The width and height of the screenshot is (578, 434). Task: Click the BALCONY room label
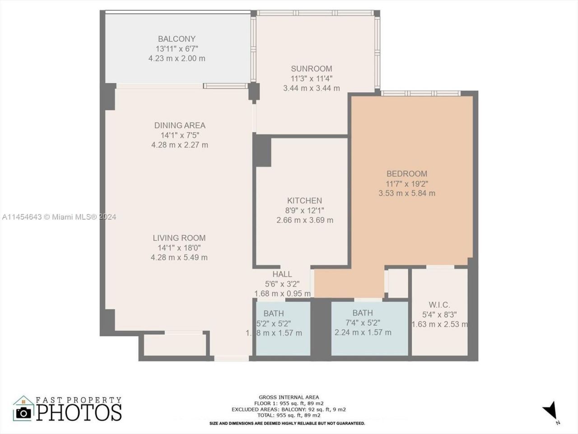click(x=177, y=39)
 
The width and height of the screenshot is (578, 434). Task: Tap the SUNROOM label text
click(x=311, y=69)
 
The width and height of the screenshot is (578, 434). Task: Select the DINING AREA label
click(x=180, y=125)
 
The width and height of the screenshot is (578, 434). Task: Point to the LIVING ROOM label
click(x=179, y=238)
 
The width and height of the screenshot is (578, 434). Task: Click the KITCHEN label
click(x=304, y=201)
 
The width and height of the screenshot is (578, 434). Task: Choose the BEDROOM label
click(x=406, y=174)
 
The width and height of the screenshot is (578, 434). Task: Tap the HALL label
click(x=282, y=274)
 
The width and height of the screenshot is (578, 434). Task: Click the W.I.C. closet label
click(x=439, y=305)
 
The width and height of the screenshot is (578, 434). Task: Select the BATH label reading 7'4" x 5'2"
click(x=363, y=313)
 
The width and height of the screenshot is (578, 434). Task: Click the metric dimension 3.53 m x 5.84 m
click(x=406, y=193)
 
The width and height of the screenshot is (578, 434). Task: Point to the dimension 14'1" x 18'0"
click(x=179, y=248)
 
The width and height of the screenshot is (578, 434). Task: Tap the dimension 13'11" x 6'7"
click(x=177, y=49)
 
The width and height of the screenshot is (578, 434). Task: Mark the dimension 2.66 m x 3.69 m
click(x=304, y=221)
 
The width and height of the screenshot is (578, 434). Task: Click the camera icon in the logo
click(x=23, y=412)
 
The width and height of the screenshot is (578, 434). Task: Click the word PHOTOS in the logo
click(x=79, y=412)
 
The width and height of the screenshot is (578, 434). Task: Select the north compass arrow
click(x=550, y=410)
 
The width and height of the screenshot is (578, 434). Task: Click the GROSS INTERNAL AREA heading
click(x=289, y=397)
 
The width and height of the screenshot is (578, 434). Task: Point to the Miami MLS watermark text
click(x=59, y=217)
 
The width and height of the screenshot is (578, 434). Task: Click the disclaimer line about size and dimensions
click(x=287, y=424)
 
